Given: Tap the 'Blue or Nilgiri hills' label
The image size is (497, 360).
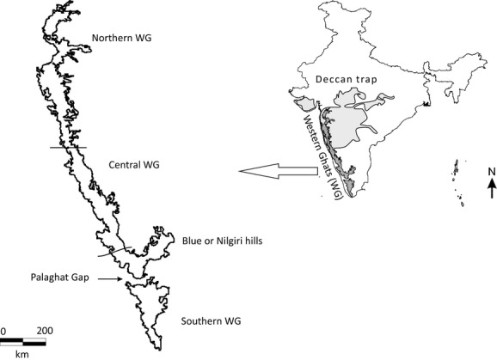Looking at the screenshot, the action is tap(222, 241).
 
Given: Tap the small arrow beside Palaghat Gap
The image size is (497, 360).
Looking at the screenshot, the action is tap(105, 279).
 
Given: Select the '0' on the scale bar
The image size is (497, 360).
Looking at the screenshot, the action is tap(3, 330).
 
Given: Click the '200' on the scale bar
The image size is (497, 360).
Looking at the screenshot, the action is tap(44, 330).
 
